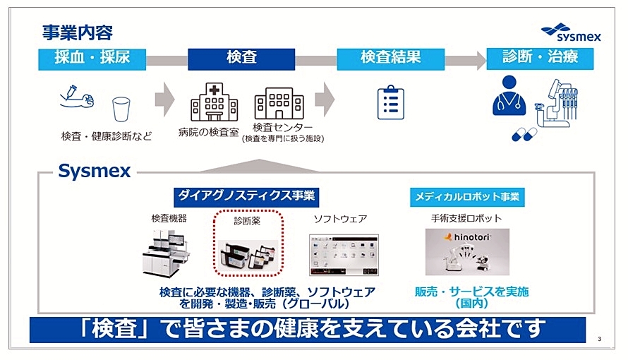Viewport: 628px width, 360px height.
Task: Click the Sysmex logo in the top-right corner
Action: pos(571,32)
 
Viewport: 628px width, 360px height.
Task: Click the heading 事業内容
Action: pos(77,32)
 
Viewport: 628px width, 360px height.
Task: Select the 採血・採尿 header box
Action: pos(92,59)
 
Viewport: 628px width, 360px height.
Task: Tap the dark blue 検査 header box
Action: pos(241,59)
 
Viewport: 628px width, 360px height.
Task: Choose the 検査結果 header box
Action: pos(390,59)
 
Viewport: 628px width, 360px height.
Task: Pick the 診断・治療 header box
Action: pos(540,59)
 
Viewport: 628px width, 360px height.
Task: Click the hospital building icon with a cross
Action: pos(214,102)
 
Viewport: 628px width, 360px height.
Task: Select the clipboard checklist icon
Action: pos(390,102)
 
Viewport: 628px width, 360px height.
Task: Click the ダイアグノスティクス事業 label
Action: pos(245,196)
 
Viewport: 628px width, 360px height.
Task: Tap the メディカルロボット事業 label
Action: pos(467,196)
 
